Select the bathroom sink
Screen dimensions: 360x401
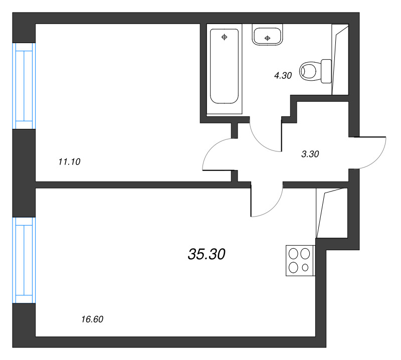(268, 36)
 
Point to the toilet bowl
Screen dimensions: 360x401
(309, 71)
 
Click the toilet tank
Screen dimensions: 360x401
(326, 71)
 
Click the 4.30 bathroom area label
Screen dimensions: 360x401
(282, 76)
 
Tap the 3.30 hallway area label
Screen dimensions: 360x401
(310, 154)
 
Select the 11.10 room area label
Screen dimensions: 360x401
(70, 161)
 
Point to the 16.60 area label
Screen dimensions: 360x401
(92, 319)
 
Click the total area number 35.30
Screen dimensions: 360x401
(207, 255)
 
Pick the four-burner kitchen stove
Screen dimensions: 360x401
(299, 260)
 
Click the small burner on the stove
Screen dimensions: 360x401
(305, 268)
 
